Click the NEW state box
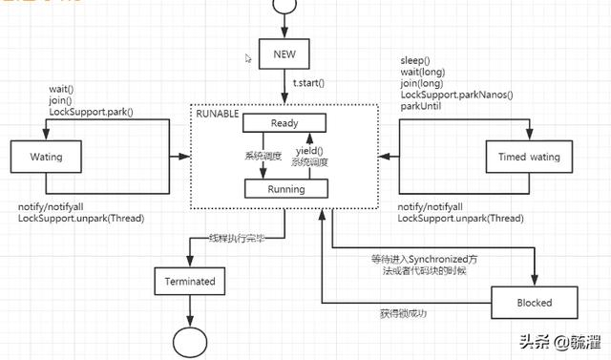click(x=285, y=53)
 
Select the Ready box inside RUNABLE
click(x=284, y=123)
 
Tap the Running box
click(x=284, y=189)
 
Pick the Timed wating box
click(x=520, y=155)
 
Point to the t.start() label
click(x=308, y=83)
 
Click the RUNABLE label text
click(x=219, y=114)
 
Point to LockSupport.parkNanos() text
click(x=456, y=95)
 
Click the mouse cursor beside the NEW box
click(x=248, y=58)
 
